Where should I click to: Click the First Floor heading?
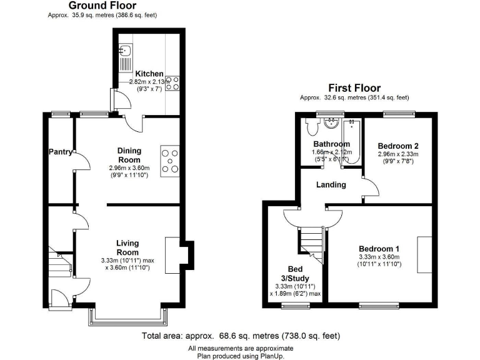pos(354,88)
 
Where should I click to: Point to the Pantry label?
pos(61,152)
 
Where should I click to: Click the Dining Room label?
pos(129,155)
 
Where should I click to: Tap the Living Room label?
pos(127,247)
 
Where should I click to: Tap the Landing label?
pos(331,185)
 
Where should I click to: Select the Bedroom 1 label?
pos(379,248)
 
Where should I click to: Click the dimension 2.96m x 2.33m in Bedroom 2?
pos(397,154)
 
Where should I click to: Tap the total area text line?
pos(241,336)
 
